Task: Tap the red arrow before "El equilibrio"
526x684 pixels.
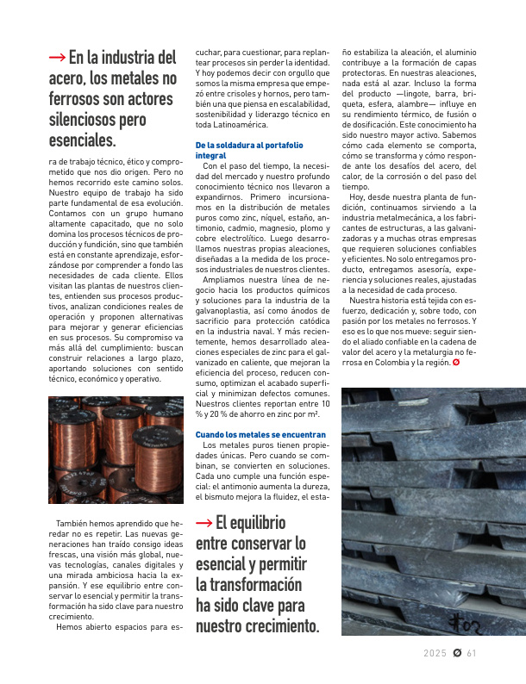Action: click(x=204, y=522)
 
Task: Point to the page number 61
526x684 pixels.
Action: click(x=472, y=652)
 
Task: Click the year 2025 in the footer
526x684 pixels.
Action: click(x=435, y=652)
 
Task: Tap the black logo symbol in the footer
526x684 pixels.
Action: click(x=456, y=652)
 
